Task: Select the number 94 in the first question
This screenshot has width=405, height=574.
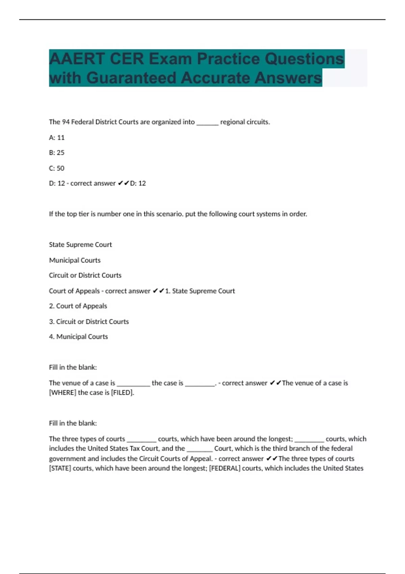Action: [66, 122]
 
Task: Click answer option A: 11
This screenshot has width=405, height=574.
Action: [57, 137]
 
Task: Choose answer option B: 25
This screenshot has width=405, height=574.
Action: [57, 153]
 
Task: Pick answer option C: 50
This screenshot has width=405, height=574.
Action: [57, 168]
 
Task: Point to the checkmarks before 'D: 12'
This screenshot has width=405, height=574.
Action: [123, 183]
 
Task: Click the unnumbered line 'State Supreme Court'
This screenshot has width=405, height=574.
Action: [80, 244]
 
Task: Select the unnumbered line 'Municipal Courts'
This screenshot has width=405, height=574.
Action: [75, 260]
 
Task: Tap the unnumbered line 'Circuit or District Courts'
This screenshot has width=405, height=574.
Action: [85, 275]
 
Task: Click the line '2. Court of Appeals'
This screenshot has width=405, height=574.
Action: [78, 306]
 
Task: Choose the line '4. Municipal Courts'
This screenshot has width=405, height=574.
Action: [78, 337]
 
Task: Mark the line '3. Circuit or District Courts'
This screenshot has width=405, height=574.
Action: [89, 321]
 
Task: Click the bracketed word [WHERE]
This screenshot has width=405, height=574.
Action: [62, 393]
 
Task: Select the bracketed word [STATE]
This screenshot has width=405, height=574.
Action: [60, 468]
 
